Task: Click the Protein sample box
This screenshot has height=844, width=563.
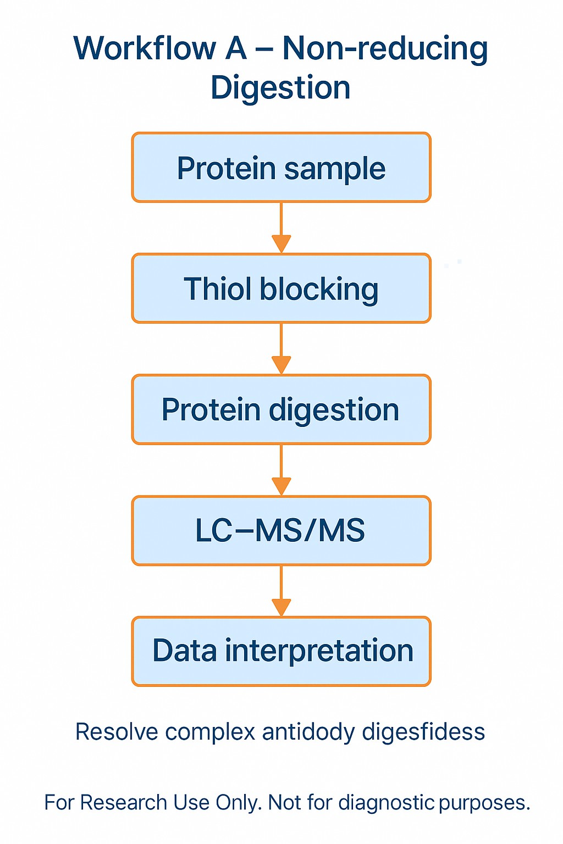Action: coord(281,168)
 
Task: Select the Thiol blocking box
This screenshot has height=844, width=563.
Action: coord(281,288)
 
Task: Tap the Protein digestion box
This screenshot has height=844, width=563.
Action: coord(281,409)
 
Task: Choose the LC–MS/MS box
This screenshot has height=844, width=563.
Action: coord(281,530)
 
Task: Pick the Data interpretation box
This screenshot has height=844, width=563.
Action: coord(281,651)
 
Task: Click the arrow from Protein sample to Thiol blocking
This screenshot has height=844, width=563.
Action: coord(281,227)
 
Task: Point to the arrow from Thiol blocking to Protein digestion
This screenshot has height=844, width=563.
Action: coord(281,348)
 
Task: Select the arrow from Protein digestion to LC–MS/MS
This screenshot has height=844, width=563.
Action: coord(281,470)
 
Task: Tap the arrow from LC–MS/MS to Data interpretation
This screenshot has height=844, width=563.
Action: coord(281,591)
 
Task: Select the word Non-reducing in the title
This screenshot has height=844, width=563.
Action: coord(385,48)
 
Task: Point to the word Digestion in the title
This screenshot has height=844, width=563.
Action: coord(280,88)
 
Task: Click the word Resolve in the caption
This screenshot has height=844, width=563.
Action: coord(117,732)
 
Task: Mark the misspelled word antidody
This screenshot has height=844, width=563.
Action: coord(308,732)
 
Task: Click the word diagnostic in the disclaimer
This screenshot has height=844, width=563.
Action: coord(387,803)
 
